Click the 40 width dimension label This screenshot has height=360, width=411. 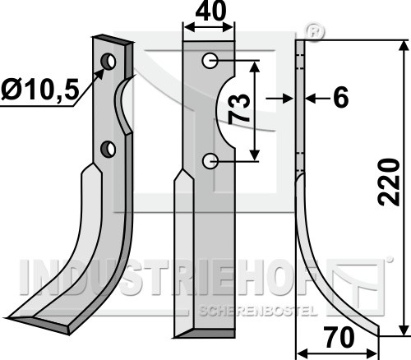(x=210, y=12)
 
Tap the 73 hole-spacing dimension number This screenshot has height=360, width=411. (x=240, y=109)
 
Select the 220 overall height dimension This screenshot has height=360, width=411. (x=389, y=182)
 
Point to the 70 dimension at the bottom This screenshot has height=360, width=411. (x=338, y=338)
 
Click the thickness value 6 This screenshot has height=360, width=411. (x=341, y=97)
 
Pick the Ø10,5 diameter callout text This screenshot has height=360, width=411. (x=40, y=89)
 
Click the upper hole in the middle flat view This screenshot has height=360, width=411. (x=210, y=61)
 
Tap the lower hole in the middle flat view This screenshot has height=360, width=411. (x=210, y=161)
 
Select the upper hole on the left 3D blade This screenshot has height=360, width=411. (x=109, y=62)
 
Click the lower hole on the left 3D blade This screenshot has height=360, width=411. (x=108, y=149)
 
